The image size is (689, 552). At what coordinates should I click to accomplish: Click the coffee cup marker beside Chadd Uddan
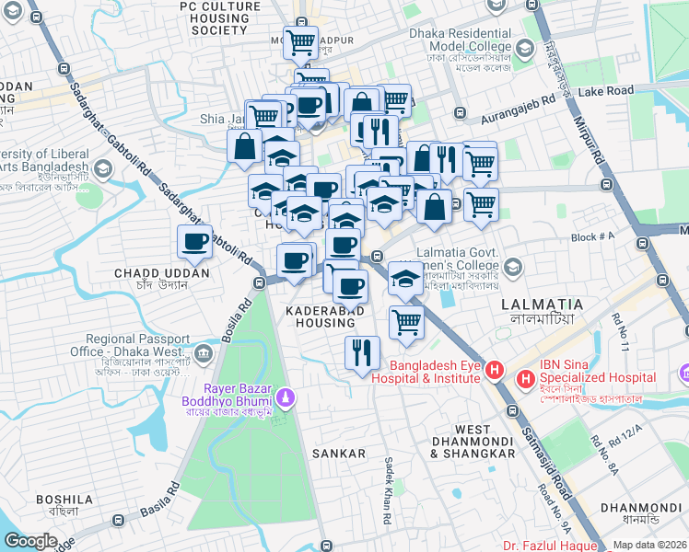pos(194,242)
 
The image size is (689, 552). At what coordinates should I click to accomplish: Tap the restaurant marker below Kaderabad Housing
pos(362,352)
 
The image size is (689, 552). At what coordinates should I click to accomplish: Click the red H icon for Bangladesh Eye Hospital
pos(495,371)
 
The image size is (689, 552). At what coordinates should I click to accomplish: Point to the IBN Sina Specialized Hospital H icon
pos(526,378)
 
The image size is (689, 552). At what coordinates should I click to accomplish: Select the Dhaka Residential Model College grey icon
pos(524,48)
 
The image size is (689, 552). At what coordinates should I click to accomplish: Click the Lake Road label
pos(607,91)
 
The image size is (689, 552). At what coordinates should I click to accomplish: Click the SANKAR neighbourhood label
pos(338,454)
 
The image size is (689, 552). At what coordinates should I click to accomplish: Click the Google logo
pos(30,541)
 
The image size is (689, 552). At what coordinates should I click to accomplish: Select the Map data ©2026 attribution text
pos(649,545)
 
